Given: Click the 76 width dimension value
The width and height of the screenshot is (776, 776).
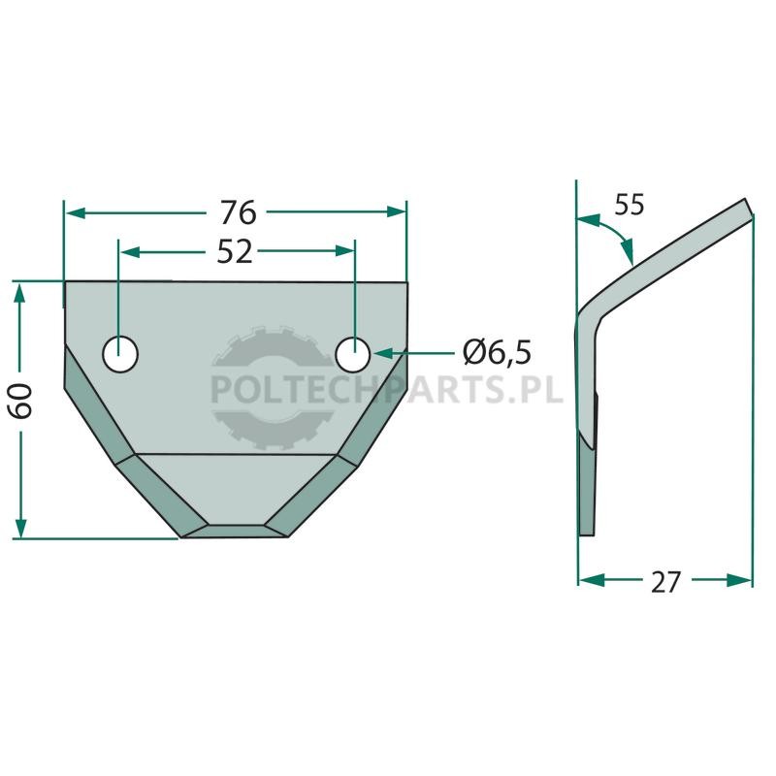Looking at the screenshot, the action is [x=238, y=212].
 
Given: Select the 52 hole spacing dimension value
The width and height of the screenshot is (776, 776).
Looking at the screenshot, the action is [x=235, y=252].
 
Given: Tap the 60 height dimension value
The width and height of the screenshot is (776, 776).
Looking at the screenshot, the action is [x=21, y=401].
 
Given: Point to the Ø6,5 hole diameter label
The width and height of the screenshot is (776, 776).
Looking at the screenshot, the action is [x=497, y=352].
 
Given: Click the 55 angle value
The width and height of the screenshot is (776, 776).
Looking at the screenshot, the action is [x=630, y=205].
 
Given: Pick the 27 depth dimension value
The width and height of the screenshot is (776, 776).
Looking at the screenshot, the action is [x=665, y=582].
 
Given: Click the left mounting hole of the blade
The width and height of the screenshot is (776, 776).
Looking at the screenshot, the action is [x=120, y=353].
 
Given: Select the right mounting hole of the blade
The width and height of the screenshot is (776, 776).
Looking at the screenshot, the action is [x=353, y=355].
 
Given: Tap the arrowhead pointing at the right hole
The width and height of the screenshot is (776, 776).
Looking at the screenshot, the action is [x=382, y=353].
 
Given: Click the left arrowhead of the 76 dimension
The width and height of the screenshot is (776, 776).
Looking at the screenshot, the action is [x=76, y=213].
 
